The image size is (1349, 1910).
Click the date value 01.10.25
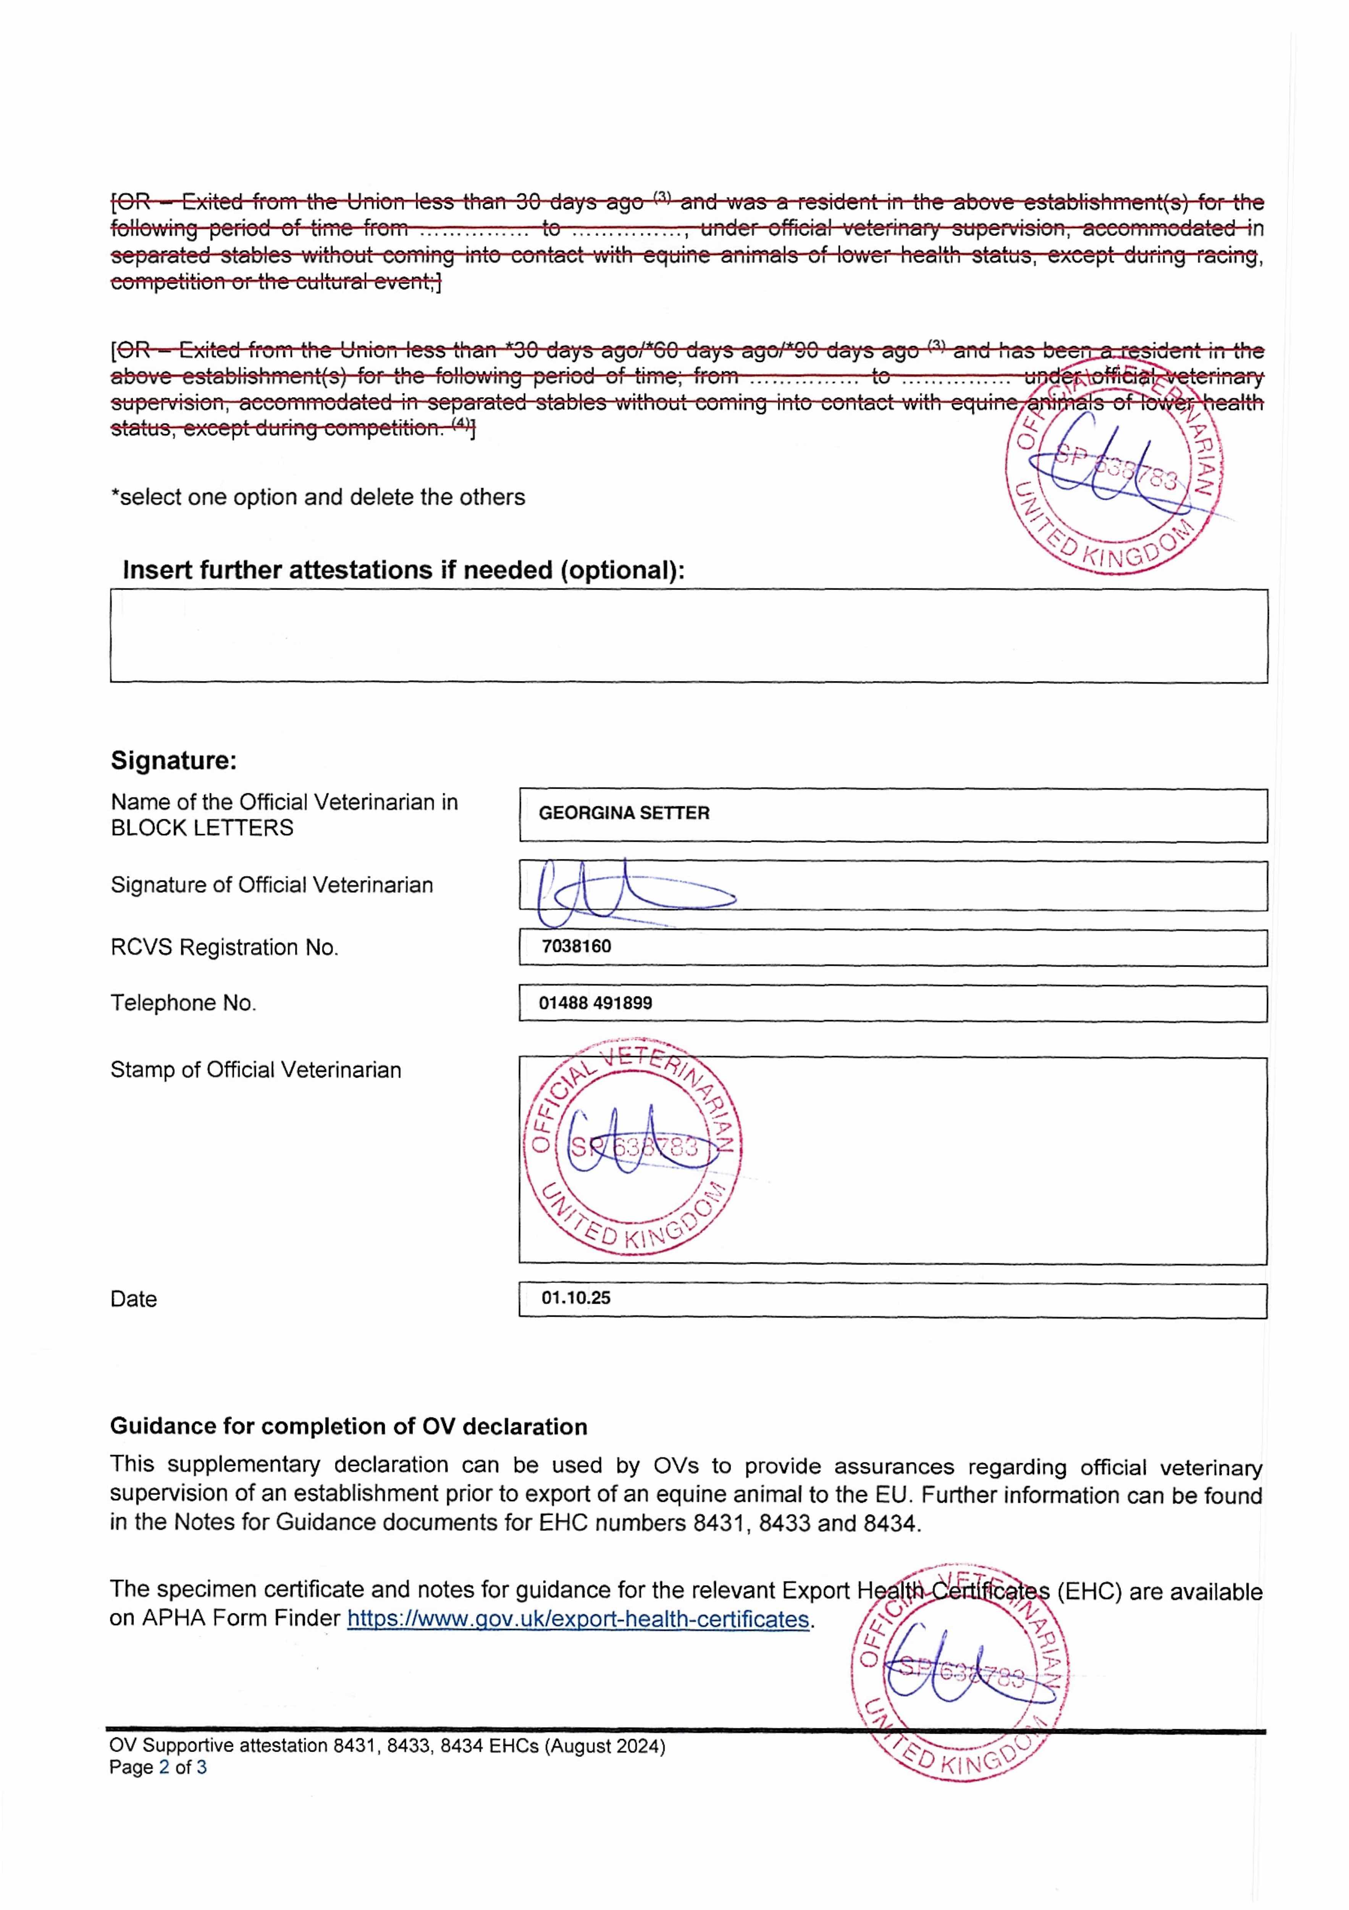(x=575, y=1298)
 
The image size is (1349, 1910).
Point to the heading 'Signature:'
(x=174, y=760)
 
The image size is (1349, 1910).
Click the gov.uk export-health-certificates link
(x=578, y=1619)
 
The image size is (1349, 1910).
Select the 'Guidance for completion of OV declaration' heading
(x=349, y=1427)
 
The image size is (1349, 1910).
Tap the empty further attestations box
(x=689, y=636)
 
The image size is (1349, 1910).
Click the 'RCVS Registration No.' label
(x=225, y=947)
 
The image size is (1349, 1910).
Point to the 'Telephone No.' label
(x=183, y=1003)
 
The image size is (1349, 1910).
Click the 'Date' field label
(x=133, y=1300)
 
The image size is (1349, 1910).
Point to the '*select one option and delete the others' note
(x=318, y=497)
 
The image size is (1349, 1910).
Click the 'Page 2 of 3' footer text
(x=158, y=1767)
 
